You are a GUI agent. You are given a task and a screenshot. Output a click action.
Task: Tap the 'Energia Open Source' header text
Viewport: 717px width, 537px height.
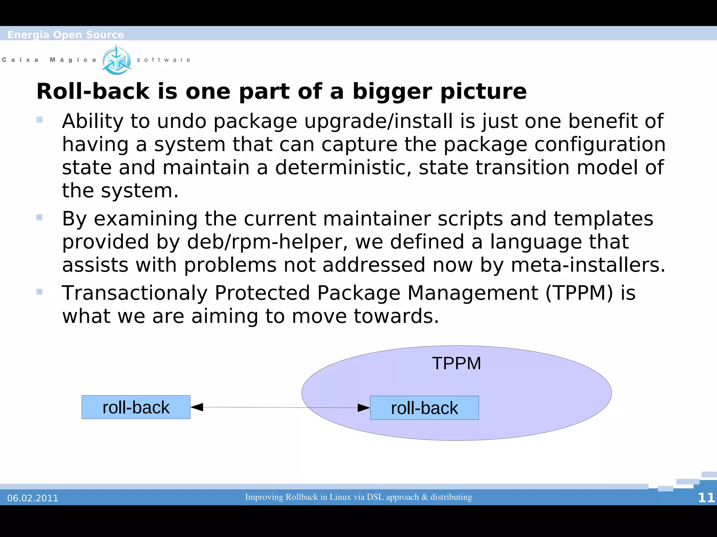(x=65, y=35)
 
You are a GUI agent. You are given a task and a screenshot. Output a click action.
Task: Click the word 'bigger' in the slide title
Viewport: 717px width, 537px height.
(x=392, y=92)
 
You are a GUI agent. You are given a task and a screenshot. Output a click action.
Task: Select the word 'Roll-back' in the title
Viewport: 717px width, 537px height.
(x=93, y=92)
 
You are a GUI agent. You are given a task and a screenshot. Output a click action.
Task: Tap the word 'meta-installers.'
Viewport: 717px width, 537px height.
(x=588, y=265)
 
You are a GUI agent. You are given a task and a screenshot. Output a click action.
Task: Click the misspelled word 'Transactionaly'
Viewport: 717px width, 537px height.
(x=134, y=293)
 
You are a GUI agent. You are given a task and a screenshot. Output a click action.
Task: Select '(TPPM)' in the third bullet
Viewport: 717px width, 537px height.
(x=579, y=293)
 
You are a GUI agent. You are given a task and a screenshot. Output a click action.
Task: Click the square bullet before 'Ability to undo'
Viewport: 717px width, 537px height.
(x=39, y=120)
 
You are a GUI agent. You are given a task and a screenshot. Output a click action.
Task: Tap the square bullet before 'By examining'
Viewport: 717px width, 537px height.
(x=39, y=217)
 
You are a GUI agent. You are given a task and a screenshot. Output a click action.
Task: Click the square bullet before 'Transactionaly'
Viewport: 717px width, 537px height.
(x=39, y=292)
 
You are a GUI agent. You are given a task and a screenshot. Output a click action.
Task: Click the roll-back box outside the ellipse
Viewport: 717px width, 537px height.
(x=136, y=407)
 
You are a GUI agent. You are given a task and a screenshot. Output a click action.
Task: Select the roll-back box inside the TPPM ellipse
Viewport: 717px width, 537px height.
(x=424, y=408)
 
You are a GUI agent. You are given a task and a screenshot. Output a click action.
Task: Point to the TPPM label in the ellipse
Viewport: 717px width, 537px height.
(x=456, y=363)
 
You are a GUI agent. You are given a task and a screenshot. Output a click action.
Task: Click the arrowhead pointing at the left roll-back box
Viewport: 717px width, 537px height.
(x=197, y=407)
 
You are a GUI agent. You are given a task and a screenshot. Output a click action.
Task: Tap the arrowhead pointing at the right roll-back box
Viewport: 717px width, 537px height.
(x=363, y=408)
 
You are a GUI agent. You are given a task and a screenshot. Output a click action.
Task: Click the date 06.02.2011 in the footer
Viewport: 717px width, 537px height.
(x=33, y=498)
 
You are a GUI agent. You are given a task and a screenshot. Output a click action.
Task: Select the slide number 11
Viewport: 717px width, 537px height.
(x=706, y=498)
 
